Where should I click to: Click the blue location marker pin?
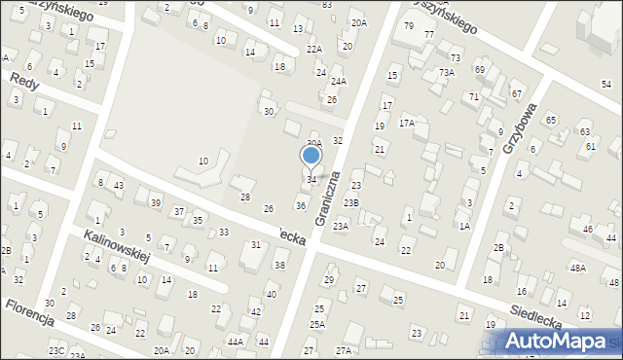click(311, 156)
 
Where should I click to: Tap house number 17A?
click(407, 124)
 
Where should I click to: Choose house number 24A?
click(338, 82)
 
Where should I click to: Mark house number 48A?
click(578, 268)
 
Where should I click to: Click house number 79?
click(408, 25)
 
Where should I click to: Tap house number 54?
click(606, 85)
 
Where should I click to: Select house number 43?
click(118, 186)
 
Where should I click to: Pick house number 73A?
click(447, 73)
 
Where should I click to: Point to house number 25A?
click(316, 324)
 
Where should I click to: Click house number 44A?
click(236, 342)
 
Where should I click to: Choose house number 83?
click(327, 5)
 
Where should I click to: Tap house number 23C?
click(56, 350)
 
